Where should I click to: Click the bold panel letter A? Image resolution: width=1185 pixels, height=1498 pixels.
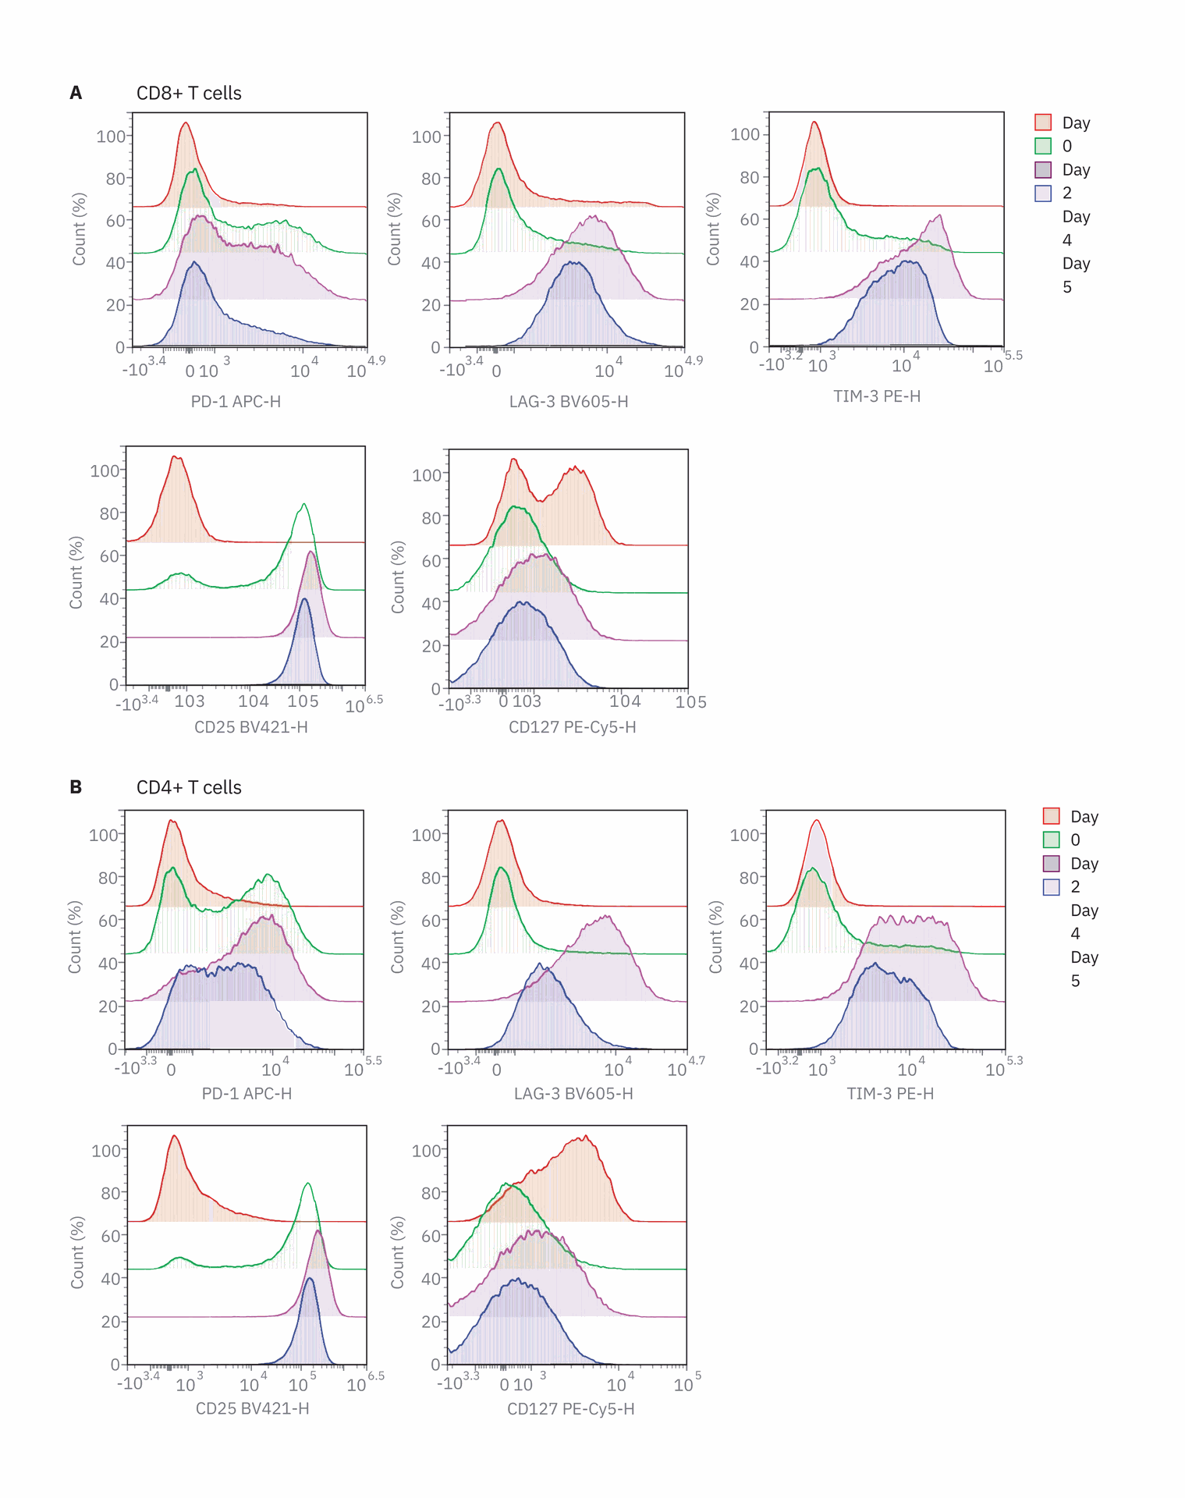coord(76,93)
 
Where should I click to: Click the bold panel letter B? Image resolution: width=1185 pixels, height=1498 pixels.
coord(76,786)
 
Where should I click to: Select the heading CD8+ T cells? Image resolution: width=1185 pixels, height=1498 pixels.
coord(189,93)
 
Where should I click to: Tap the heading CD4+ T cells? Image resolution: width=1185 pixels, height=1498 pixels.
coord(189,787)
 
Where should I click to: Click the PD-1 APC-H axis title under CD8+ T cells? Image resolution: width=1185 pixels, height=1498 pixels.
coord(236,401)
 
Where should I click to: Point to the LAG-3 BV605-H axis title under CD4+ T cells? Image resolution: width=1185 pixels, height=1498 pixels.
coord(573,1093)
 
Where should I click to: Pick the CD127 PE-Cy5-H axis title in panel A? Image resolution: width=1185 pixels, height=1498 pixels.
coord(572,726)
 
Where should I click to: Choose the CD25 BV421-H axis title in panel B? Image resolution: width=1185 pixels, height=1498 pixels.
coord(252,1407)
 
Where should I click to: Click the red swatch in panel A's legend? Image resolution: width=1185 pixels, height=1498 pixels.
coord(1043,122)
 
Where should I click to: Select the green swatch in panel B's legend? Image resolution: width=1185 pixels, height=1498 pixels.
coord(1052,840)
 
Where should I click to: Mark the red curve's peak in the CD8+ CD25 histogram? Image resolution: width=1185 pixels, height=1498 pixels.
coord(176,457)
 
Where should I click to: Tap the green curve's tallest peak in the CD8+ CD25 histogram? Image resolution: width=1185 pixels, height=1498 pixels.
coord(303,505)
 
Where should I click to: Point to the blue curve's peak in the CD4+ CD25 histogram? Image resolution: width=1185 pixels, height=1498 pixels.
coord(310,1278)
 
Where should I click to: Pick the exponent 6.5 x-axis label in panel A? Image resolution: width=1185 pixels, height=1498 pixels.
coord(364,705)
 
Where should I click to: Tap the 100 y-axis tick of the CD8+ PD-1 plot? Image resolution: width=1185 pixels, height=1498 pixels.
coord(110,137)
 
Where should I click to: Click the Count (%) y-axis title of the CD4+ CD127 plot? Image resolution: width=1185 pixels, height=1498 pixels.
coord(398,1252)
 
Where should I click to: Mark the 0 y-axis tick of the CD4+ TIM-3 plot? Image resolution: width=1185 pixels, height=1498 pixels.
coord(754,1049)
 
